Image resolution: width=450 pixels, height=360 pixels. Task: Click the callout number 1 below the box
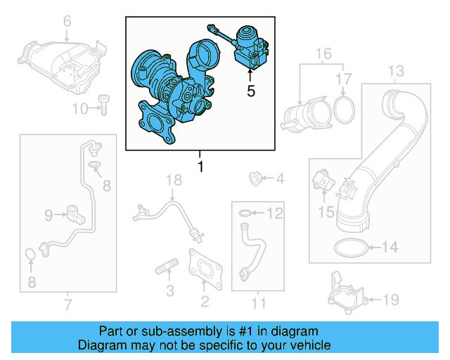tap(200, 167)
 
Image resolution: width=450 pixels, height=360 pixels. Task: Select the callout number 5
tap(250, 91)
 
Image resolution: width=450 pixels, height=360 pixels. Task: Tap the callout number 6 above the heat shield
tap(67, 22)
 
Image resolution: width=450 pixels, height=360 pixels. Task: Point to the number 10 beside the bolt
tap(80, 108)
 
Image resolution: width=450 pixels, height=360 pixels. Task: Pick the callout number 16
tap(323, 54)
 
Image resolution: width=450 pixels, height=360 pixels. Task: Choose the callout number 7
tap(67, 304)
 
